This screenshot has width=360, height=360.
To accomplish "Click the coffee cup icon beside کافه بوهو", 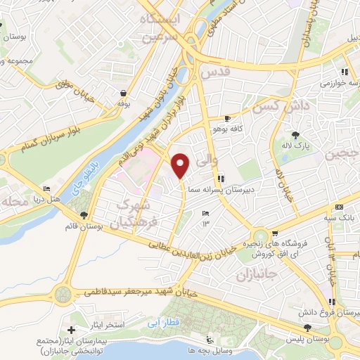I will pos(226,118).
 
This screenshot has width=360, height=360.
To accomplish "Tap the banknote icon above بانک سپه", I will pos(340,207).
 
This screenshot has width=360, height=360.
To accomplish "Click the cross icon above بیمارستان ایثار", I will pos(71,329).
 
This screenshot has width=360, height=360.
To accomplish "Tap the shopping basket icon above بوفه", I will pos(124,93).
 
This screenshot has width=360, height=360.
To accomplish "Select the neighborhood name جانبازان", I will pos(255,272).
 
